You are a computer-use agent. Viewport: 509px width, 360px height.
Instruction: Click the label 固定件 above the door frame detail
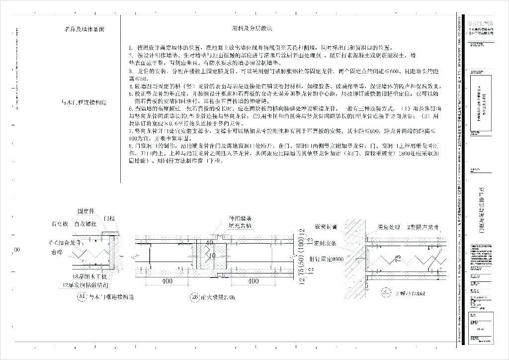click(86, 210)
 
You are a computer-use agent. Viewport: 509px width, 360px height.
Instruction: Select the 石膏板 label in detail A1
click(59, 224)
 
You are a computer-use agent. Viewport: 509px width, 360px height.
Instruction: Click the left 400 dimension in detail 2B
click(167, 281)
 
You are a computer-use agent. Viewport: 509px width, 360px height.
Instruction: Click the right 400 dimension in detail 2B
click(253, 281)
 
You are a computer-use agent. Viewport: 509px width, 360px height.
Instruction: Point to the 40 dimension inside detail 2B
click(210, 242)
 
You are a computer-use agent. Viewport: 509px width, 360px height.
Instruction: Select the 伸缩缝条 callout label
click(240, 218)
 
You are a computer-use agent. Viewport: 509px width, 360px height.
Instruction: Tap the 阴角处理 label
click(389, 227)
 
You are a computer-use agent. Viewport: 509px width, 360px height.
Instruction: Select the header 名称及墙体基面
click(85, 29)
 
